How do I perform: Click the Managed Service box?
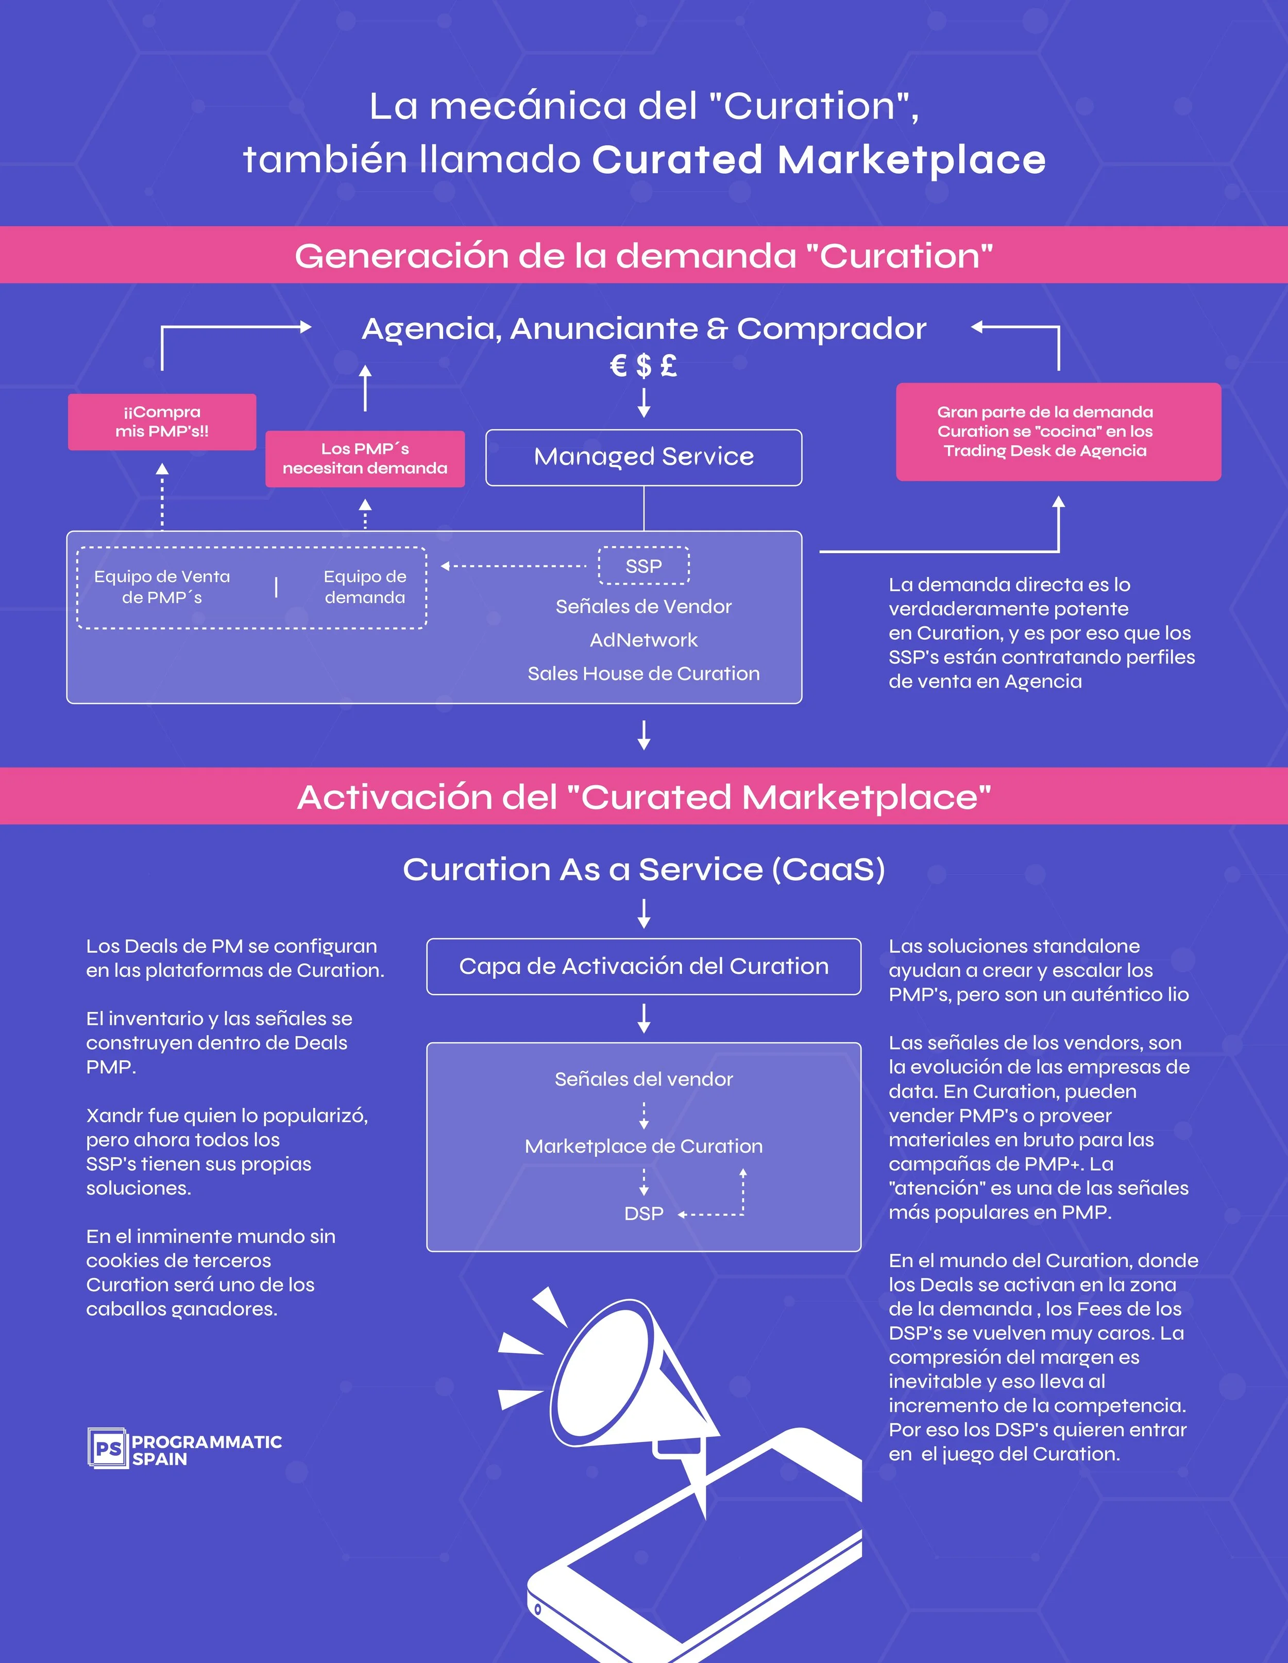pyautogui.click(x=643, y=457)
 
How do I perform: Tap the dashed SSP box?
pyautogui.click(x=643, y=566)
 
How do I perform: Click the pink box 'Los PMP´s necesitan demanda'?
pyautogui.click(x=365, y=458)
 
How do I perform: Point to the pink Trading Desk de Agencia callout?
pyautogui.click(x=1058, y=432)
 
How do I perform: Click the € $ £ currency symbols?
pyautogui.click(x=643, y=366)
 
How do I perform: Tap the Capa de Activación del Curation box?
pyautogui.click(x=643, y=966)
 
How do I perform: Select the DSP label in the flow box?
pyautogui.click(x=643, y=1214)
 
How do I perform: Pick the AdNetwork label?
pyautogui.click(x=643, y=640)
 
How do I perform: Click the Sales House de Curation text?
pyautogui.click(x=643, y=674)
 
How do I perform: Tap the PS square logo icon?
pyautogui.click(x=107, y=1448)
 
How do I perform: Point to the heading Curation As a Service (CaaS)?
pyautogui.click(x=643, y=870)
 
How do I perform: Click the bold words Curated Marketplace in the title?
pyautogui.click(x=818, y=160)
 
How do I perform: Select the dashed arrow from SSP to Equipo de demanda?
pyautogui.click(x=514, y=566)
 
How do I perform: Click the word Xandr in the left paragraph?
pyautogui.click(x=115, y=1116)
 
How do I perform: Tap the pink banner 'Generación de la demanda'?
pyautogui.click(x=643, y=256)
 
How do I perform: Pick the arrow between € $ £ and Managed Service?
pyautogui.click(x=643, y=402)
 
